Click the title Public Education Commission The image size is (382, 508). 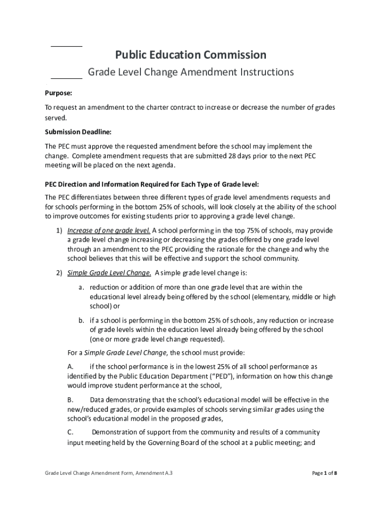(191, 55)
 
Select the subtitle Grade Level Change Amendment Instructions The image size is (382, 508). (191, 72)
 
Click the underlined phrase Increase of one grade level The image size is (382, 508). (109, 231)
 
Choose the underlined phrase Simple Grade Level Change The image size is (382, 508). (109, 273)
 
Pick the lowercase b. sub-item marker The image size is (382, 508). (81, 320)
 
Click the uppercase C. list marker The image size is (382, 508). (70, 432)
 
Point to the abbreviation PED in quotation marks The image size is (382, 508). (220, 376)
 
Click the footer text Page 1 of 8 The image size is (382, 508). (324, 473)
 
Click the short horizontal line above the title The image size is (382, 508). (66, 46)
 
